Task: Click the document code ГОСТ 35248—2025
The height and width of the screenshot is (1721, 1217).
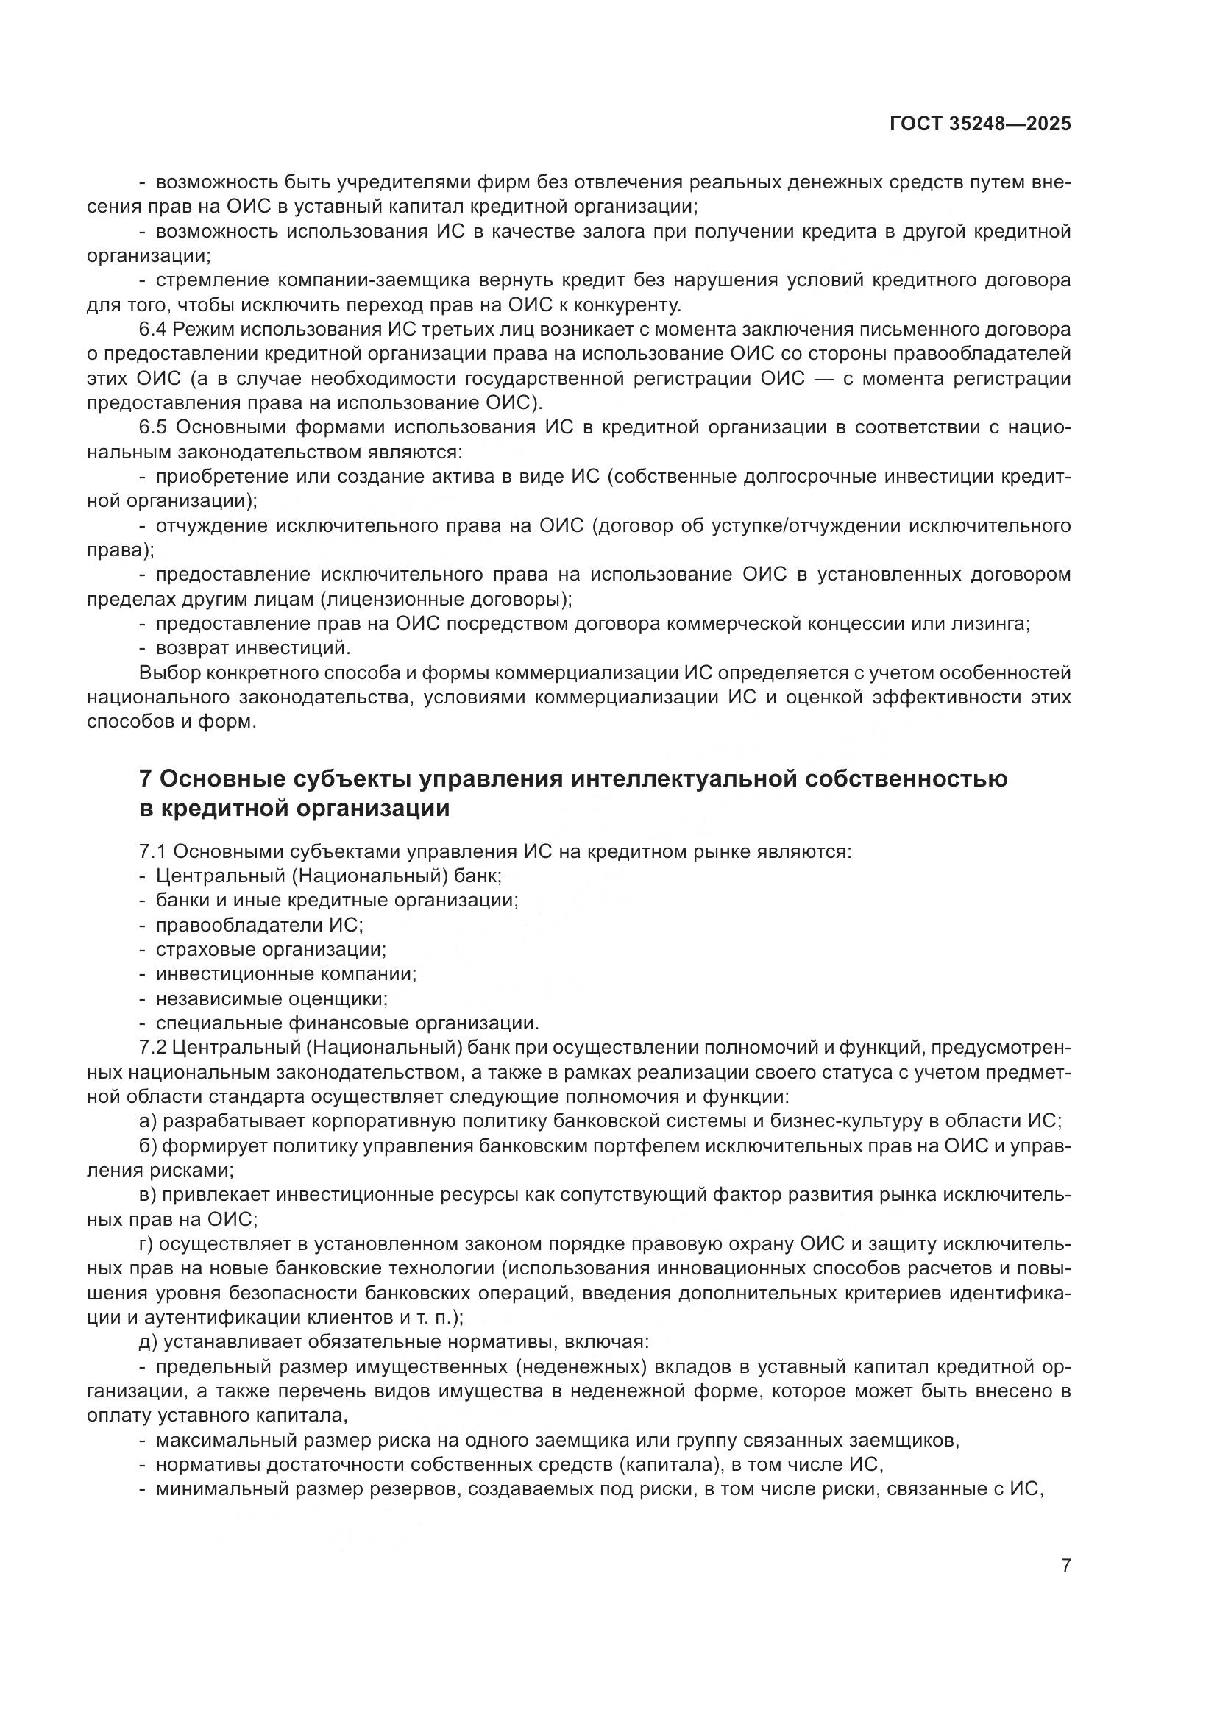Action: point(980,124)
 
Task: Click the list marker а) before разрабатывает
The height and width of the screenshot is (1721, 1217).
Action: point(147,1121)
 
